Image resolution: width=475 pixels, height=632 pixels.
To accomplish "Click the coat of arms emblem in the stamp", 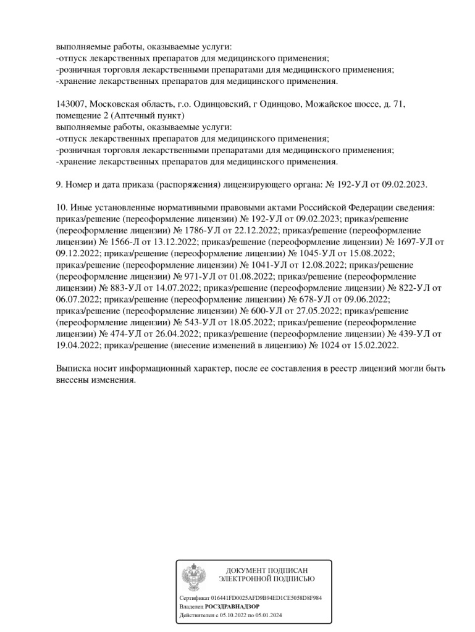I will click(194, 578).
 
